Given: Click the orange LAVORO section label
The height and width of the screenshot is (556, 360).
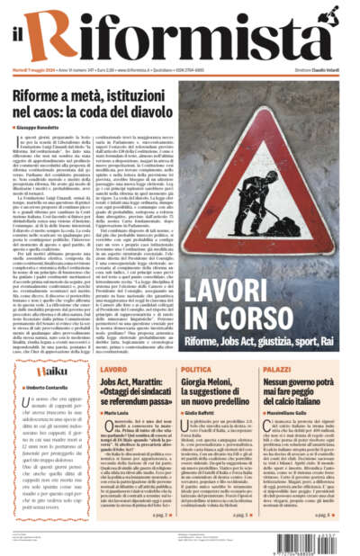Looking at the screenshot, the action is pyautogui.click(x=113, y=369).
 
